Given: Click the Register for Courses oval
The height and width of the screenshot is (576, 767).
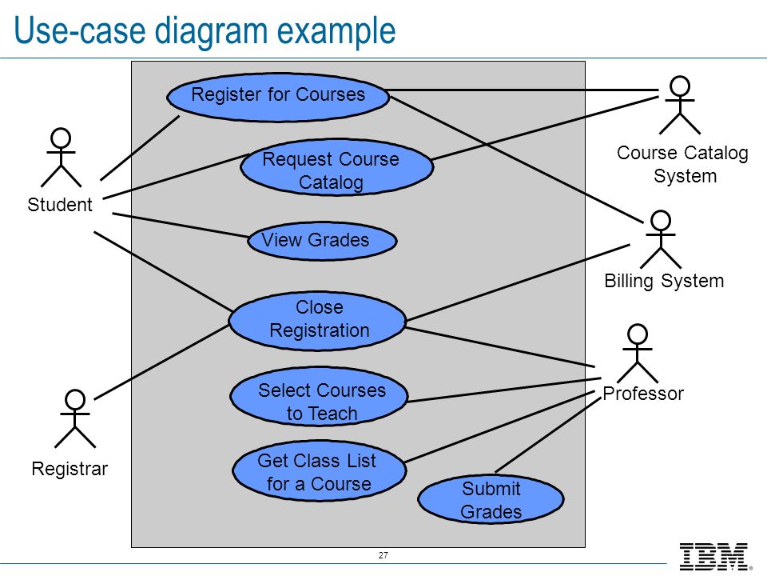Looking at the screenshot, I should coord(278,96).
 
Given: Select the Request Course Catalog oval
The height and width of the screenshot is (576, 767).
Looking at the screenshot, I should coord(336,168).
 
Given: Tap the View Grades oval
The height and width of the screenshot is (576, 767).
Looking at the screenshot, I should coord(321,241).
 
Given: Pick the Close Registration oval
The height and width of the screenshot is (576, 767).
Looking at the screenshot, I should coord(317,320).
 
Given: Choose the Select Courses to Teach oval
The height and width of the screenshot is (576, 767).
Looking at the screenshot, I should coord(319,399).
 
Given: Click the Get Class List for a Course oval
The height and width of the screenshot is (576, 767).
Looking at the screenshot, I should coord(317,472).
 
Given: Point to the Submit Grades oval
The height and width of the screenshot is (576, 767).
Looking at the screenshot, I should coord(491,499).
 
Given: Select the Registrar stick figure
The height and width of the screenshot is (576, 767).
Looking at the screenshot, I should coord(75,418).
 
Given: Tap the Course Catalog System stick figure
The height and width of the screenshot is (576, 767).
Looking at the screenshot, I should coord(680,105).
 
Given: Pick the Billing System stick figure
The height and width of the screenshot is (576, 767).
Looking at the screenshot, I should coord(661,239).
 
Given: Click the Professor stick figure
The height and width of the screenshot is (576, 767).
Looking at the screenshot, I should coord(638,353).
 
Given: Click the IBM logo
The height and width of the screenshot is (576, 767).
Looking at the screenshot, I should coord(713,556).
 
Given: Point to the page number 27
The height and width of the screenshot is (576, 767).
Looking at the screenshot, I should coord(383,555).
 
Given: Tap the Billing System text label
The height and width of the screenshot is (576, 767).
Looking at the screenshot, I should coord(664,281).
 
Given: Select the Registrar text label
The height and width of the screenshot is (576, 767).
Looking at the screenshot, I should coord(70,469).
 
